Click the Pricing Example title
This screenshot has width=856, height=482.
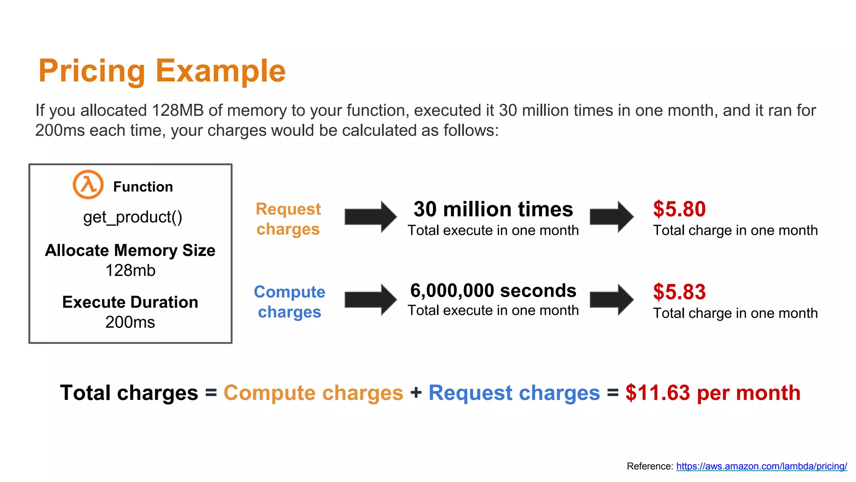(x=162, y=71)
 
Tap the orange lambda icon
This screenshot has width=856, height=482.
(x=88, y=185)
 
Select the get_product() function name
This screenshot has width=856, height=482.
(x=132, y=217)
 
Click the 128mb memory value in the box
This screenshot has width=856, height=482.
(x=130, y=271)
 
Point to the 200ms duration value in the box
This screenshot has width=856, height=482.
(x=130, y=322)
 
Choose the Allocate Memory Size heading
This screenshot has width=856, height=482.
(x=130, y=250)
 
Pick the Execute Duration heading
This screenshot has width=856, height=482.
(x=130, y=302)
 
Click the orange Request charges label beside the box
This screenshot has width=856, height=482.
(x=288, y=219)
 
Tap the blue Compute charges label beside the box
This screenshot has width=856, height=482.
(x=289, y=302)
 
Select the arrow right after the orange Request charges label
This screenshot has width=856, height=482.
(x=370, y=217)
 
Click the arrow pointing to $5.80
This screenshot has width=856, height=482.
(x=611, y=217)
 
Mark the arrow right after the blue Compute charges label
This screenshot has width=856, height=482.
(x=370, y=300)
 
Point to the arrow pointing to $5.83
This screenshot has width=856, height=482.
(x=611, y=300)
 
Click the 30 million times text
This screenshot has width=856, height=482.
(x=493, y=209)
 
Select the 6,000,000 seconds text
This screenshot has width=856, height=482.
(x=493, y=291)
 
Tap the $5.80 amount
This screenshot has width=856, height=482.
(x=679, y=209)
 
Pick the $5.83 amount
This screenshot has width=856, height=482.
(x=679, y=292)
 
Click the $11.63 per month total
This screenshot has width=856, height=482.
(x=713, y=393)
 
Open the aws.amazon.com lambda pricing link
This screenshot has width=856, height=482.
(x=762, y=466)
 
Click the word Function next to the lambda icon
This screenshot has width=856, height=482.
(x=143, y=187)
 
